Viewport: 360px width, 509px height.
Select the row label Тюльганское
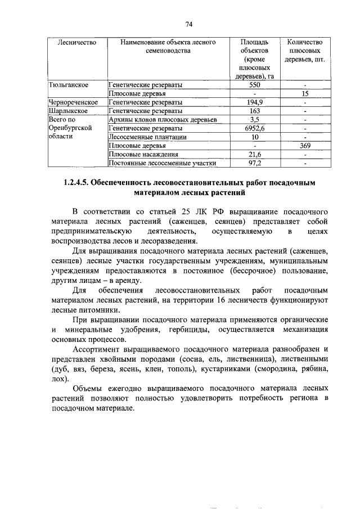(x=69, y=85)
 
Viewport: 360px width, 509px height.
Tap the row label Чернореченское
(x=74, y=102)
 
